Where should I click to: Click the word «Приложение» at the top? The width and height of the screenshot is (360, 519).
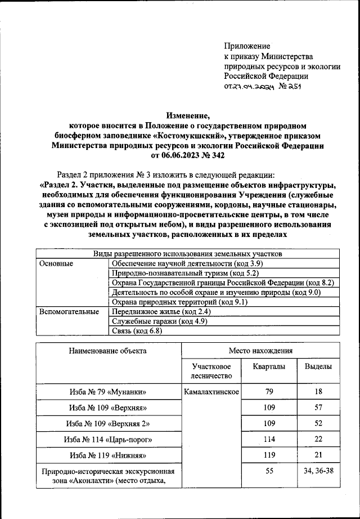[x=247, y=46]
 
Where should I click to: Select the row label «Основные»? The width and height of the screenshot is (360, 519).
[x=57, y=263]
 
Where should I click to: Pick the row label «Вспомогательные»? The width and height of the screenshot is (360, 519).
[x=69, y=311]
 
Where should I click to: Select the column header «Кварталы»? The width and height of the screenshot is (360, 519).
[x=269, y=366]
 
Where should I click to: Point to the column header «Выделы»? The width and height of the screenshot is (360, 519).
[x=318, y=366]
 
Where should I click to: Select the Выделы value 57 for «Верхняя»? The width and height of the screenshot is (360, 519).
[x=318, y=407]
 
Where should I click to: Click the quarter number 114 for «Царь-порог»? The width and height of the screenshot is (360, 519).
[x=269, y=439]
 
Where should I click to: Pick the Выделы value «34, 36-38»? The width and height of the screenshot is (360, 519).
[x=318, y=471]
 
